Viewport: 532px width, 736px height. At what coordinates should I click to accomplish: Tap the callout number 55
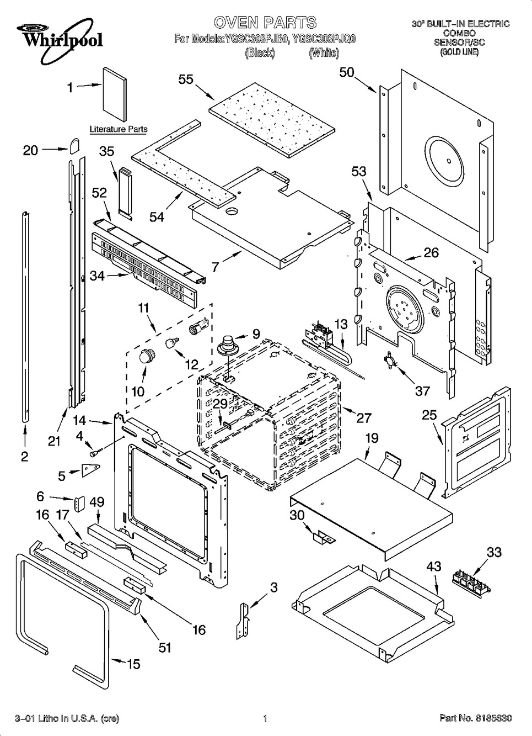coord(186,79)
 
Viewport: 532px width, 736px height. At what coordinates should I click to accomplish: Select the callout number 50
coord(346,72)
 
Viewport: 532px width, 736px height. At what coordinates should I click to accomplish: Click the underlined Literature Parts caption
coord(119,129)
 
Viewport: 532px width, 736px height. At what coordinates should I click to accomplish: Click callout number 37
coord(422,391)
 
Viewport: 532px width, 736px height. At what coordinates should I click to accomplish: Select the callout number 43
coord(434,566)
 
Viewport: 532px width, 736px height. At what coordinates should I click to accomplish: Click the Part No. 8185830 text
coord(475,718)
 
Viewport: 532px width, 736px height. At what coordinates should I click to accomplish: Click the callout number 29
coord(220,404)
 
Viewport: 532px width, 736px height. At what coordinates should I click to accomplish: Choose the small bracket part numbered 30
coord(322,537)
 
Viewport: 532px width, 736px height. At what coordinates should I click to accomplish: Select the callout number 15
coord(133,664)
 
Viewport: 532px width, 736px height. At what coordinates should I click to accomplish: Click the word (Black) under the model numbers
coord(260,53)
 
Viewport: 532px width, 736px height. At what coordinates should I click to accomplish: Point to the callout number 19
coord(372,438)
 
